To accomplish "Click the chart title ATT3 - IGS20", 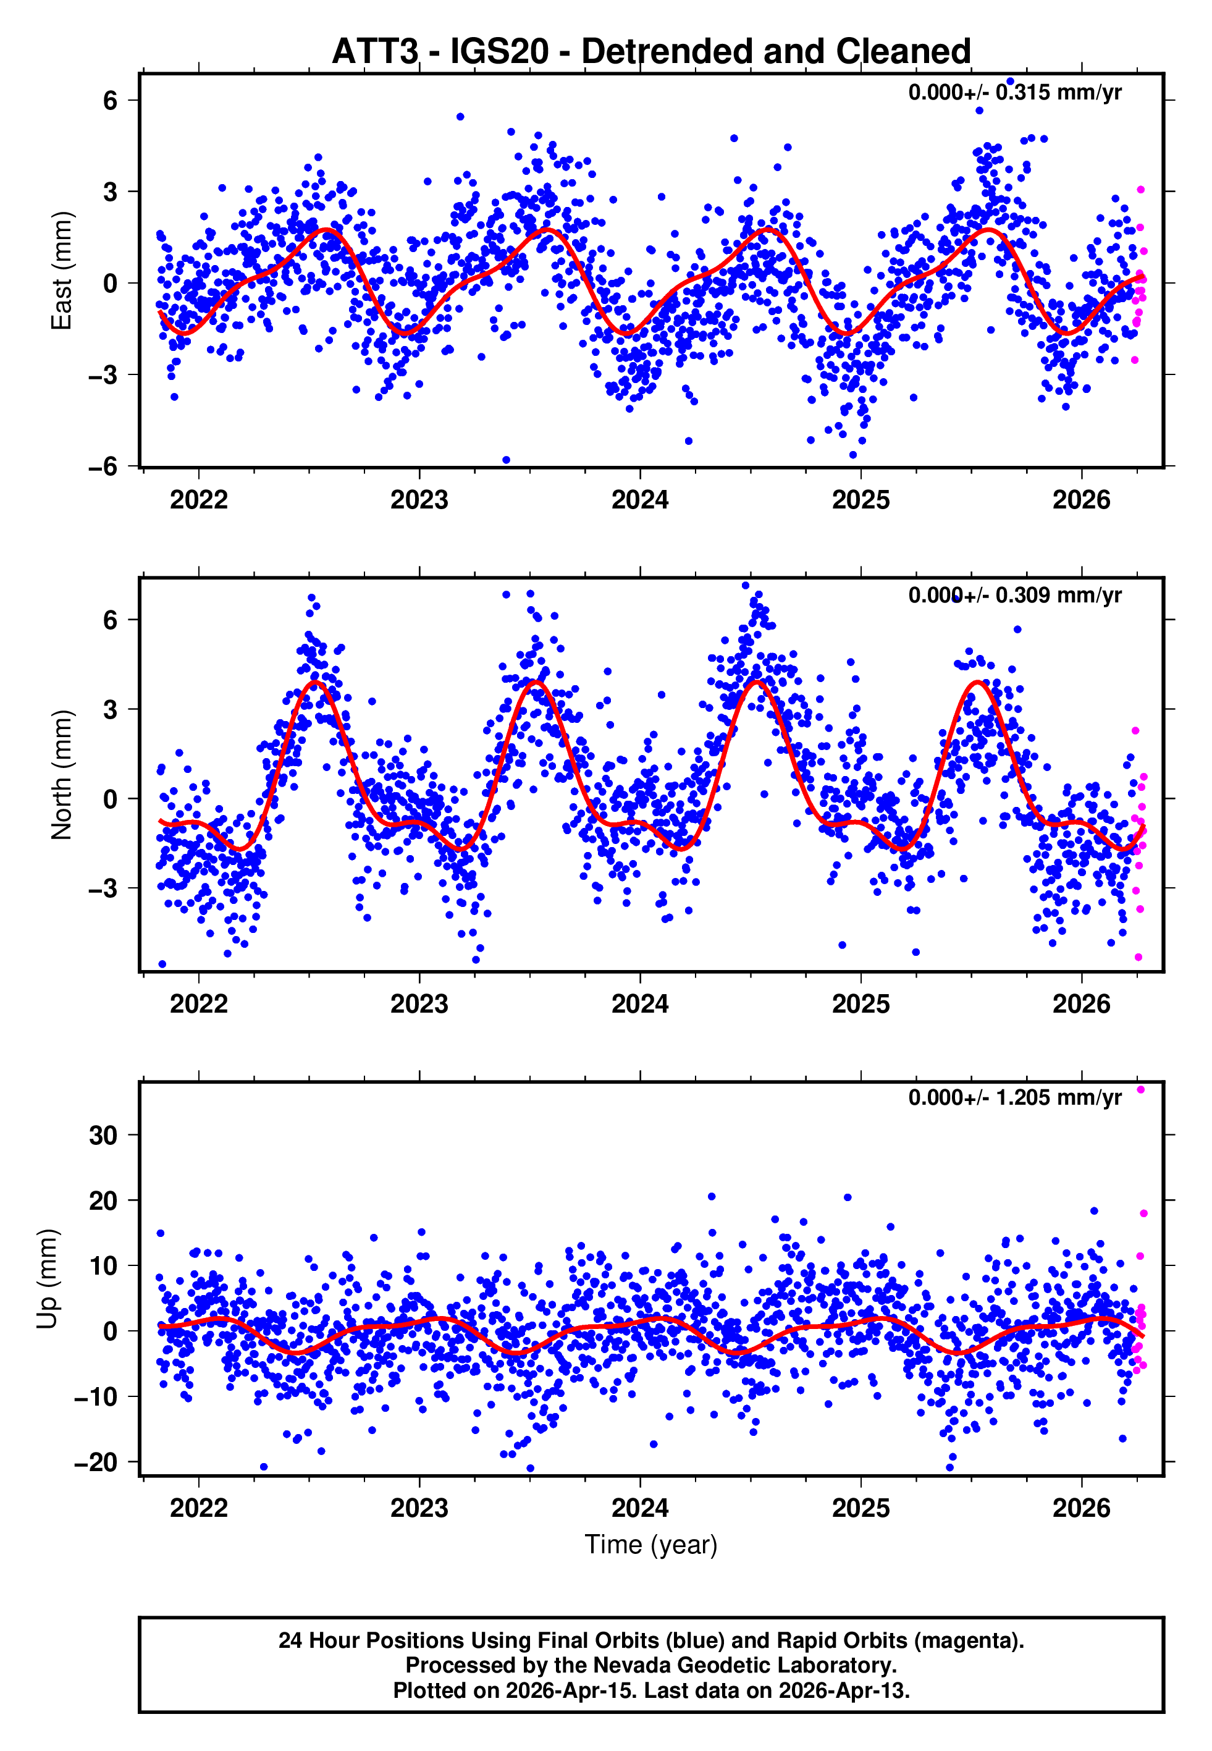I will click(651, 52).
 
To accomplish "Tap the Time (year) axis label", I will click(651, 1545).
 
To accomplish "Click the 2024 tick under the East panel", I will click(639, 500).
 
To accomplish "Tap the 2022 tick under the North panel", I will click(199, 1004).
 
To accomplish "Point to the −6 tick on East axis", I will click(103, 466).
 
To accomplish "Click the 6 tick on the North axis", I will click(111, 620).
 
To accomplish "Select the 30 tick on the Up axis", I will click(103, 1136).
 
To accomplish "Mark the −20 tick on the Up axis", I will click(96, 1462).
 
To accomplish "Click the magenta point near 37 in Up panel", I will click(1140, 1090).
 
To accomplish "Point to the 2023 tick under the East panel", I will click(419, 500).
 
